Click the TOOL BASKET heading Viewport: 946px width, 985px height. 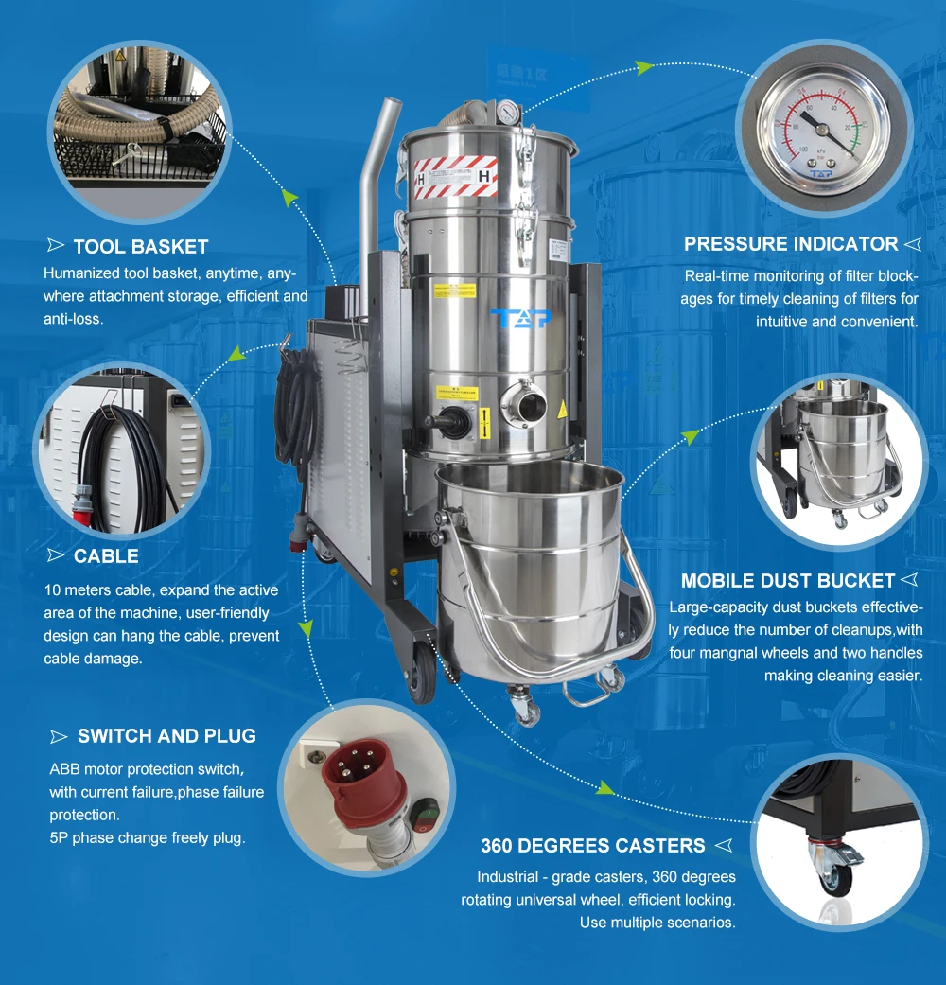(141, 246)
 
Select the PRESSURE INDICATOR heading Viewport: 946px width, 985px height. (791, 244)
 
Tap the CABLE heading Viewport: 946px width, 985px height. (106, 556)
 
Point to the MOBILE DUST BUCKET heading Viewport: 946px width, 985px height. (788, 580)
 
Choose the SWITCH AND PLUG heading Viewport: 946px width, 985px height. (166, 735)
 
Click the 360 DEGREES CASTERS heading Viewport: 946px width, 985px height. (593, 846)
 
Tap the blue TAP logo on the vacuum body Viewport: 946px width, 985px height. (520, 318)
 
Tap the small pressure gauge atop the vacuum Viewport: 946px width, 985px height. (507, 113)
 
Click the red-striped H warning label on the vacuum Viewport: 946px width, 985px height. (455, 177)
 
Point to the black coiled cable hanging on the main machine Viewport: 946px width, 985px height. (296, 409)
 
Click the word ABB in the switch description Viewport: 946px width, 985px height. (64, 769)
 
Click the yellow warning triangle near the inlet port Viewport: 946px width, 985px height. (562, 410)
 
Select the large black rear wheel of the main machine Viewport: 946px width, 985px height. (422, 674)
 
